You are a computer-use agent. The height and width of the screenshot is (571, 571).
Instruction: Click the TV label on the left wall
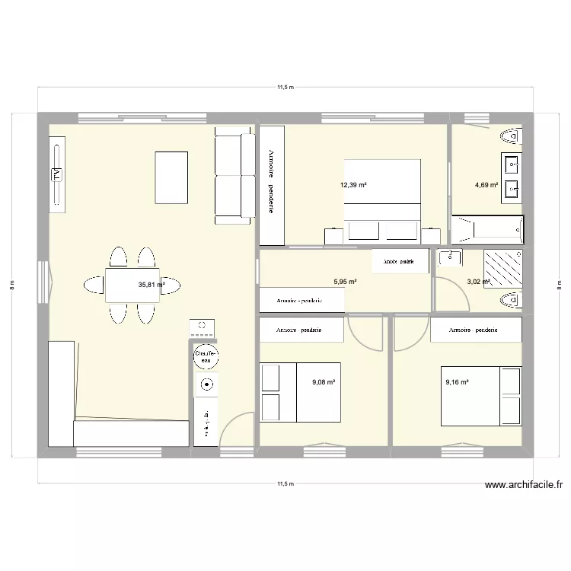[56, 174]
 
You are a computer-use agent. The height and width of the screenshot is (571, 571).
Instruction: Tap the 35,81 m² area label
[151, 285]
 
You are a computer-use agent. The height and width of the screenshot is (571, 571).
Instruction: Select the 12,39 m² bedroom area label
[353, 185]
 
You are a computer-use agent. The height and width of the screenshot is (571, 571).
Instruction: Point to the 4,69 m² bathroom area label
[486, 185]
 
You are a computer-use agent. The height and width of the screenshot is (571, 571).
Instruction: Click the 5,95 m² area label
[345, 281]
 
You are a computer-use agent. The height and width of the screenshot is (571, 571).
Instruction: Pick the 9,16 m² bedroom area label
[457, 383]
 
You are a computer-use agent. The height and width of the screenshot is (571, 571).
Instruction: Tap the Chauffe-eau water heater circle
[206, 356]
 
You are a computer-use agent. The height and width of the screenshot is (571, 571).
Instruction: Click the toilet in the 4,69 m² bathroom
[511, 137]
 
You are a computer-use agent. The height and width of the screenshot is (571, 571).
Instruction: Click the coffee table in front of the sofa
[171, 171]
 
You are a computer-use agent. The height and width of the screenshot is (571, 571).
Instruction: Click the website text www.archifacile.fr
[526, 485]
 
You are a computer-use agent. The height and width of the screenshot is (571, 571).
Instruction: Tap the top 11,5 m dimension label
[285, 88]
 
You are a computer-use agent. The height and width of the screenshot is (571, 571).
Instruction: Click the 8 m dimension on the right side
[560, 285]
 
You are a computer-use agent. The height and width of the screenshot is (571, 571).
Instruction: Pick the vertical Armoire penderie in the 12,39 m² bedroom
[272, 185]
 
